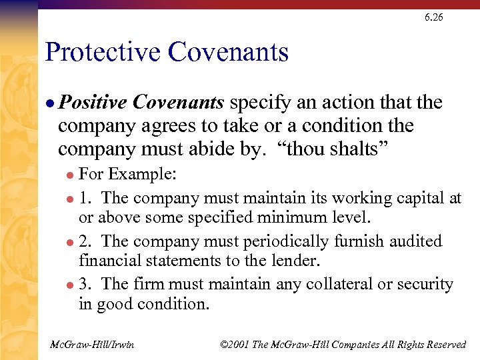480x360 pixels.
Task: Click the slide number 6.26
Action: click(x=433, y=17)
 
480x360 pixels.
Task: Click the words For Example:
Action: click(x=127, y=175)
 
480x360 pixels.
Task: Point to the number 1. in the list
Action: click(x=87, y=198)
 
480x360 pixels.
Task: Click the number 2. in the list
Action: click(x=87, y=241)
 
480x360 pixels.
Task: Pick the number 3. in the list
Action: click(x=87, y=284)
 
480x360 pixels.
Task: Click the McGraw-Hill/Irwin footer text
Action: click(x=92, y=344)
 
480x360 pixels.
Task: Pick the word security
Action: click(x=425, y=284)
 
